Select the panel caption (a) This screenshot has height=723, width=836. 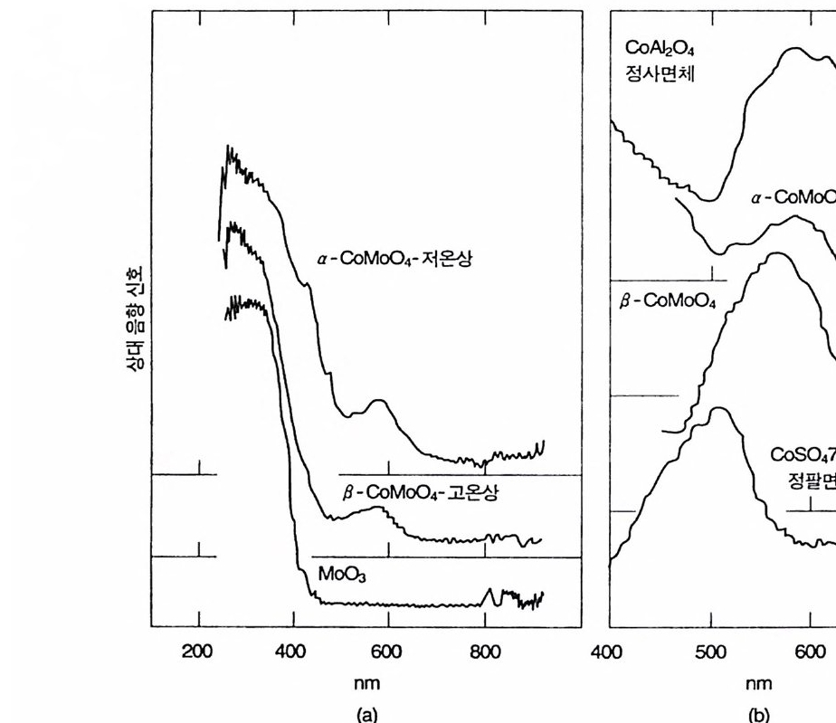[x=366, y=714]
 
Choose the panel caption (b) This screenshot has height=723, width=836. [x=757, y=714]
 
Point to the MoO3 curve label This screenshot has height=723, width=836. [x=340, y=574]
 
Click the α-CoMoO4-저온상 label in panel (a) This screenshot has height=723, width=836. [x=394, y=259]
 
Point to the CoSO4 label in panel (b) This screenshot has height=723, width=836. [x=802, y=453]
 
